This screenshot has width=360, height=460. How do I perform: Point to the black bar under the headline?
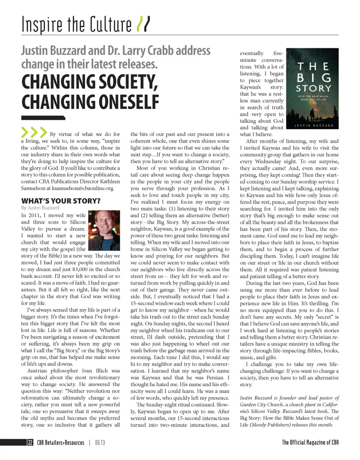(x=43, y=118)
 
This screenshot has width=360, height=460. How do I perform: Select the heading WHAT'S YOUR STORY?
(x=60, y=201)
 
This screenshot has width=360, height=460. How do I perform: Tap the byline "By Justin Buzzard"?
(x=40, y=208)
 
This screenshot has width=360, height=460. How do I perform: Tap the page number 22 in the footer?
(x=30, y=443)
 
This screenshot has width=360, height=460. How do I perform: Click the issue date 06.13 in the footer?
(x=100, y=443)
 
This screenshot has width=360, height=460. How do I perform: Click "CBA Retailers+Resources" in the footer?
(x=60, y=443)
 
